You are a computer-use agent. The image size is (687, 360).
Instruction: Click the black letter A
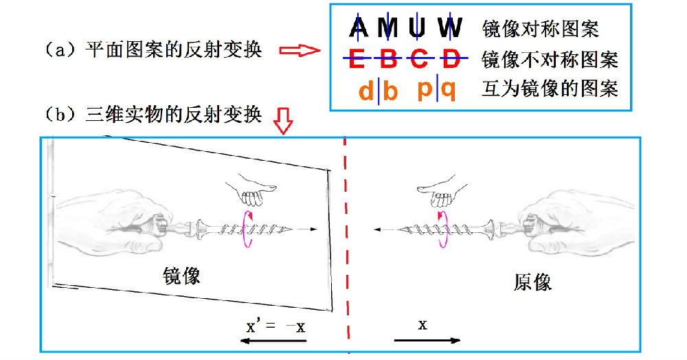(359, 28)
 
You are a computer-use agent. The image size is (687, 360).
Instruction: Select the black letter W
(450, 28)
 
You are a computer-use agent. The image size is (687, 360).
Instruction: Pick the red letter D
(450, 60)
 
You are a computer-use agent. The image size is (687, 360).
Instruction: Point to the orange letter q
(448, 89)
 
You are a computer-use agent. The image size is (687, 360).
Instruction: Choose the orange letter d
(366, 90)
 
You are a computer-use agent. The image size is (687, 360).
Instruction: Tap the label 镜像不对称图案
(550, 60)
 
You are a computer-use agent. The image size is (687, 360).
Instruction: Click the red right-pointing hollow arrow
(300, 52)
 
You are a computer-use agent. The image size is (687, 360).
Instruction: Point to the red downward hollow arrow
(283, 121)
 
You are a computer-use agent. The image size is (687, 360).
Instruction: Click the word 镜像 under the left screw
(181, 276)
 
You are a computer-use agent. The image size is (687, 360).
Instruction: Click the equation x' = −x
(275, 326)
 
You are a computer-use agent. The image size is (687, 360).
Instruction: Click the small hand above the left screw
(251, 189)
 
